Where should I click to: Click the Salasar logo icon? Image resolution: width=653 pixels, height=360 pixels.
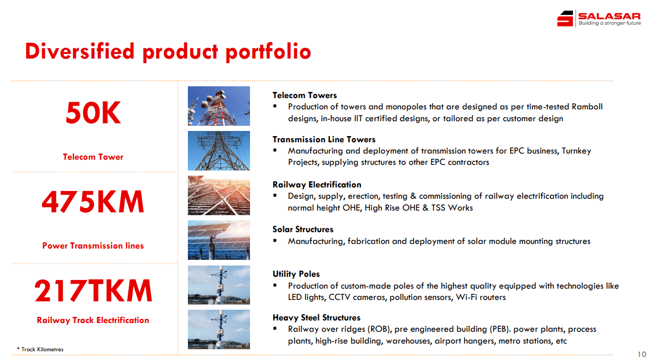565,18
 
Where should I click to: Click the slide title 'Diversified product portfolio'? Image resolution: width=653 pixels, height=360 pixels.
168,52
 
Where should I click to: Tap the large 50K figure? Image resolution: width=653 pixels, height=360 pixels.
93,112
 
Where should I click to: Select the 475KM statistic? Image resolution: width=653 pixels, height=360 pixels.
93,202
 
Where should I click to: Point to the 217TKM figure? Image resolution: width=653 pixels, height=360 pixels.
93,291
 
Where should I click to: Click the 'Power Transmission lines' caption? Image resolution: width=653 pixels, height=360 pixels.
93,245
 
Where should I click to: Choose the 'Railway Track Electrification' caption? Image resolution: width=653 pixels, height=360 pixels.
93,320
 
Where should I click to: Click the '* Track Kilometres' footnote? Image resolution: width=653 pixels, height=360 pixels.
40,349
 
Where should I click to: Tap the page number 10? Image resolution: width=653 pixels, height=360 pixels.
642,354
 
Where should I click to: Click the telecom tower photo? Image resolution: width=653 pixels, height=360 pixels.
219,106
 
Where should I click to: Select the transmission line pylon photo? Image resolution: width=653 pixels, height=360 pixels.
219,150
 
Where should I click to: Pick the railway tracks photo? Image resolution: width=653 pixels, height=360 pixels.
219,195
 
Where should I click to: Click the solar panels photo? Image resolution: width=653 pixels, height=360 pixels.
219,240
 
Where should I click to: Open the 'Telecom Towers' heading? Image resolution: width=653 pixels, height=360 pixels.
304,96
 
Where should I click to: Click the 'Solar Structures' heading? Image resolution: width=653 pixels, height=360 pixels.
303,230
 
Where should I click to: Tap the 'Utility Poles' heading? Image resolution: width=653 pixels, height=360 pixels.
296,274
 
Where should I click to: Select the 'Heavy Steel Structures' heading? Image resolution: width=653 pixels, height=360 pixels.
317,317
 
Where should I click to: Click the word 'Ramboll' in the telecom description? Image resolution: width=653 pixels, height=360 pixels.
587,106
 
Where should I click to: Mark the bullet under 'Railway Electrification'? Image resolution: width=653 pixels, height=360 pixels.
275,196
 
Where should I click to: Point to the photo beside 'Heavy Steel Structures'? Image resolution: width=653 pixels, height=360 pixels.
219,329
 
